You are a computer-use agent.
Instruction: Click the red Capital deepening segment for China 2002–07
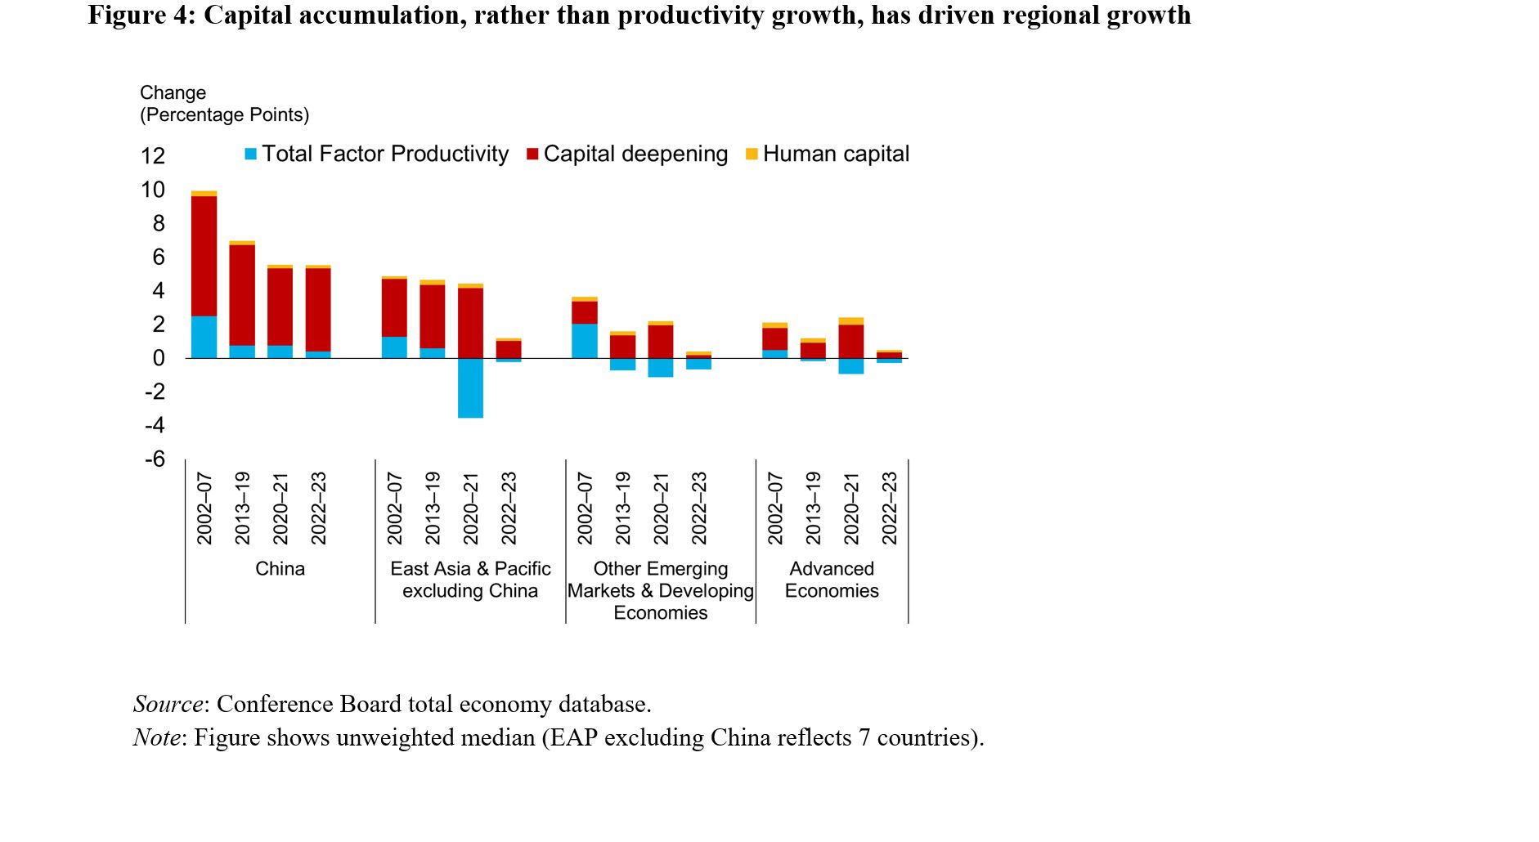click(204, 256)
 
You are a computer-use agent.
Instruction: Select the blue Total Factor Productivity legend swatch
click(251, 154)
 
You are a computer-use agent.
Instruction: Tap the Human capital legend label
click(836, 154)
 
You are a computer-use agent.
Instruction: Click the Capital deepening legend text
click(635, 154)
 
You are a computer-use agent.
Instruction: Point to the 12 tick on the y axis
click(153, 156)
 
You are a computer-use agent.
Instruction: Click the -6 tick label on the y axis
click(155, 459)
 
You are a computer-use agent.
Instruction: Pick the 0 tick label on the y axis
click(159, 358)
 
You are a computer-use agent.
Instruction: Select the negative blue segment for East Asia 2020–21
click(470, 387)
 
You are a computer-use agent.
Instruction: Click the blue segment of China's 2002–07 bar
click(204, 337)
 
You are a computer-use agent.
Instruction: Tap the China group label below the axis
click(280, 569)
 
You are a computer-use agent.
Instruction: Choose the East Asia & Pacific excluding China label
click(470, 580)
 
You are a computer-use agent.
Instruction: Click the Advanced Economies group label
click(832, 580)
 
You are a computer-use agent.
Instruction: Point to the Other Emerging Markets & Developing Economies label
click(661, 590)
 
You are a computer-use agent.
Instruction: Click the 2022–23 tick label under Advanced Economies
click(890, 508)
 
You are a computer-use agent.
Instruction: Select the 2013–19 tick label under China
click(242, 508)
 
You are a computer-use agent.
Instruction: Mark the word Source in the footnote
click(168, 704)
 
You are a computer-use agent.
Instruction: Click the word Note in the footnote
click(157, 737)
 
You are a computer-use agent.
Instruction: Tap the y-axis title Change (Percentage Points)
click(224, 104)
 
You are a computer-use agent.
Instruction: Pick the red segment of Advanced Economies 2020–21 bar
click(851, 341)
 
